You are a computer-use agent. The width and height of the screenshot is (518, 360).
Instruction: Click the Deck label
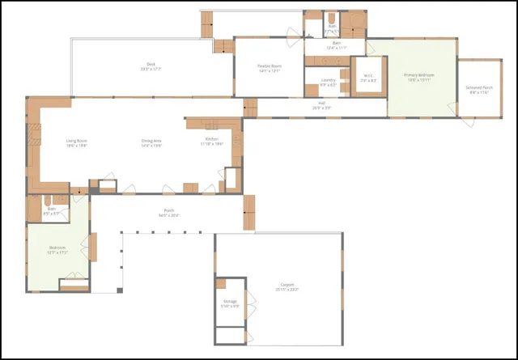[x=151, y=65]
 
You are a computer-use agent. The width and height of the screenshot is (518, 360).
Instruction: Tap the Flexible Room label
[x=269, y=66]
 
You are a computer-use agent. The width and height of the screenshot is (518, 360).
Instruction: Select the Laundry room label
[x=328, y=79]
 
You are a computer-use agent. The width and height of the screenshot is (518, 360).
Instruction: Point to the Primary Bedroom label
[x=421, y=75]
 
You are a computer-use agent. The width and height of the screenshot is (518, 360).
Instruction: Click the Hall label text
[x=321, y=104]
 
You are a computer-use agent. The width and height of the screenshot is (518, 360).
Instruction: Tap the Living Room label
[x=76, y=141]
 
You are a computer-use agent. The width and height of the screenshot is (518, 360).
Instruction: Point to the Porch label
[x=168, y=211]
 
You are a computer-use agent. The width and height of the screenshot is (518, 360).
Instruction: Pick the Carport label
[x=288, y=285]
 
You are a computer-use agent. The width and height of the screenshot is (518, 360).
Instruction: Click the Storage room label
[x=229, y=303]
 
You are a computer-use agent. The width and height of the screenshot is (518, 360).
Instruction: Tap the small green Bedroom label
[x=57, y=248]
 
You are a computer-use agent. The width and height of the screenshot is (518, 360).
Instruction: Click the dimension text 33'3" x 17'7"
[x=151, y=70]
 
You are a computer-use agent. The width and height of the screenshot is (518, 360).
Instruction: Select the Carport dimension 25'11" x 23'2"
[x=288, y=290]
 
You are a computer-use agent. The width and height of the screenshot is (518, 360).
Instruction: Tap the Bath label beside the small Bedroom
[x=52, y=209]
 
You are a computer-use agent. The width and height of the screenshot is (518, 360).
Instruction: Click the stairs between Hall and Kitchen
[x=250, y=107]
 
